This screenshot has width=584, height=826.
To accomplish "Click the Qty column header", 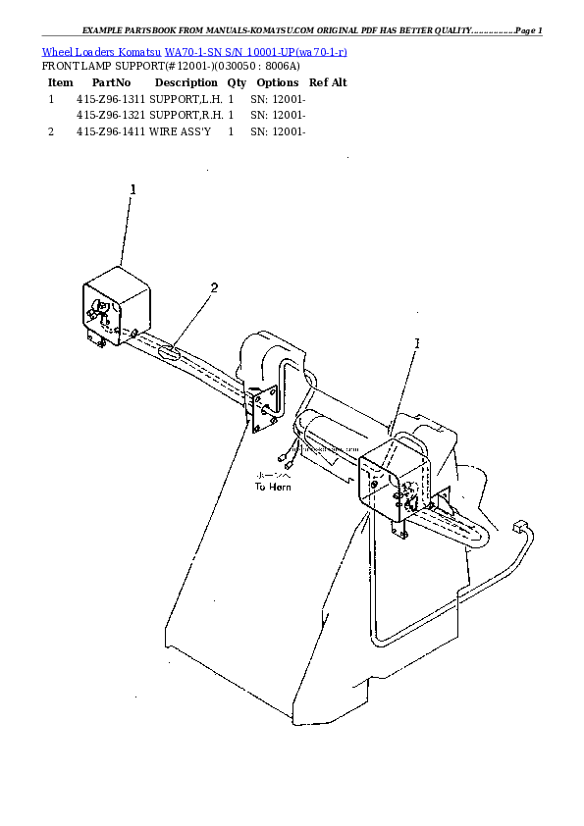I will click(237, 83).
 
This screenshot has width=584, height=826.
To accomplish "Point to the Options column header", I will click(278, 83).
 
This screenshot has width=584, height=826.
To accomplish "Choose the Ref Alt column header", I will click(328, 83).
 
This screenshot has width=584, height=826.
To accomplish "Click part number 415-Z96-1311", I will click(111, 99).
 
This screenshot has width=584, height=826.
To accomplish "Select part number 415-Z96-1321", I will click(111, 115).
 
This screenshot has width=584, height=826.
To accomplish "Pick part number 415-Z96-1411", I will click(111, 130).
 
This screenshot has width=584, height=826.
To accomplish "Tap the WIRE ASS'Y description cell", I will click(180, 130).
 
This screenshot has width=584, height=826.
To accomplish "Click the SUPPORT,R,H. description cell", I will click(185, 115).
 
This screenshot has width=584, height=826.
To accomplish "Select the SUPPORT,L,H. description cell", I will click(185, 99).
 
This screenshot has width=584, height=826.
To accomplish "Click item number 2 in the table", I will click(51, 130).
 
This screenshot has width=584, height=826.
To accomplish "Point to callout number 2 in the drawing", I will click(214, 287).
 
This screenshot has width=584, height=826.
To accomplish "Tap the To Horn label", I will click(272, 486).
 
